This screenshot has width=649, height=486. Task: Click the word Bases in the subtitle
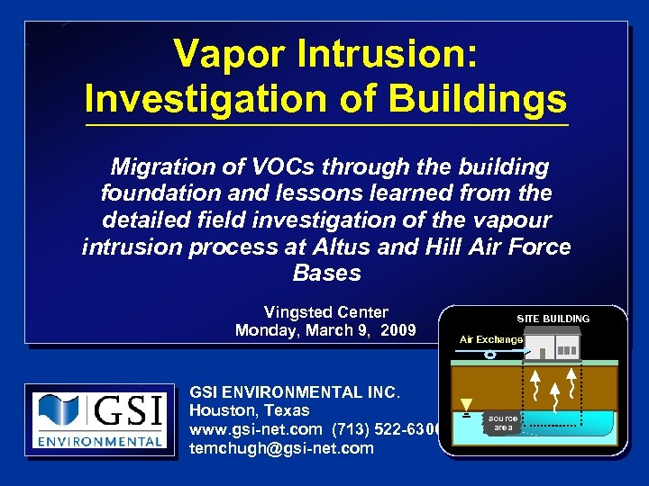click(x=326, y=273)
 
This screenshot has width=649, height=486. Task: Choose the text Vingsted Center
click(x=325, y=312)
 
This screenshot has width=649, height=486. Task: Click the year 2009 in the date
click(x=398, y=330)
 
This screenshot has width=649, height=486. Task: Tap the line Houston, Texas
click(x=249, y=409)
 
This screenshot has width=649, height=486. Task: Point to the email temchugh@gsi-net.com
click(x=281, y=447)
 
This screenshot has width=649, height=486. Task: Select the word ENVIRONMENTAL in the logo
click(x=98, y=442)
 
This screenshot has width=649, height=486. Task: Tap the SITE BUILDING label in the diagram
click(x=553, y=319)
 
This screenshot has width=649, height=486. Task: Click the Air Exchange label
click(x=490, y=339)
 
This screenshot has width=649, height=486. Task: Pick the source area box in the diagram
click(x=503, y=423)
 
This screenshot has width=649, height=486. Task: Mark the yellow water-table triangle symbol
click(x=466, y=404)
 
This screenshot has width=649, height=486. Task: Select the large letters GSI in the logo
click(x=127, y=411)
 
